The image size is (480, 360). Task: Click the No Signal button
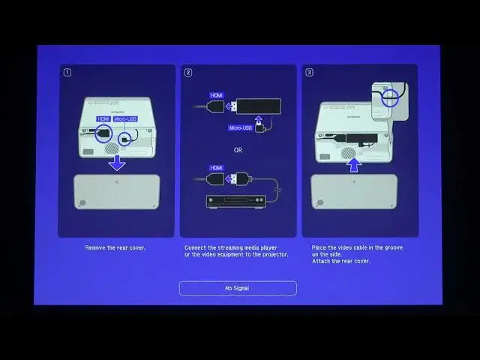(x=238, y=288)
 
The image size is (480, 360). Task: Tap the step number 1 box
(x=67, y=73)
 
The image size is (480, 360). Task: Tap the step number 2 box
(x=188, y=73)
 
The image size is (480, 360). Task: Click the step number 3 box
(x=309, y=73)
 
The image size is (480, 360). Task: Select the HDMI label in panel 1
(x=103, y=118)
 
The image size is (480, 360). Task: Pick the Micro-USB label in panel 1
(x=126, y=118)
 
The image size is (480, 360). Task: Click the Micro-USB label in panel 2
(x=241, y=128)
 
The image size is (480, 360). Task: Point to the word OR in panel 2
(x=238, y=150)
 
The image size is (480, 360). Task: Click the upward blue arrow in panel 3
(x=354, y=163)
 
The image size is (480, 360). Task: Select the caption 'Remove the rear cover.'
(x=115, y=247)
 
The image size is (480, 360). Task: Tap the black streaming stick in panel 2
(x=258, y=106)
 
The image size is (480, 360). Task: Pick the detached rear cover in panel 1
(x=117, y=192)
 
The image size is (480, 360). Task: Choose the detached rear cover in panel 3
(x=353, y=192)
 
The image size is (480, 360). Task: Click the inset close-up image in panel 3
(x=389, y=101)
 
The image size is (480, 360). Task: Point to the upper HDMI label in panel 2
(x=217, y=96)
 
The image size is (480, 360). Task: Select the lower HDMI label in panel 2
(x=217, y=168)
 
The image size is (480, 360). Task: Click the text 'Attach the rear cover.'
(x=340, y=261)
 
